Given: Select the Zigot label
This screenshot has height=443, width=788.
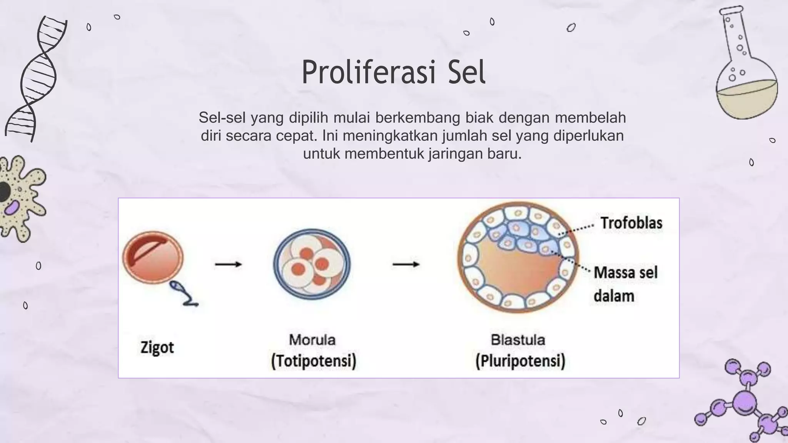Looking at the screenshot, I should pos(157,348).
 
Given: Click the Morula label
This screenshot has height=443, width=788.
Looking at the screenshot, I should pos(312,340).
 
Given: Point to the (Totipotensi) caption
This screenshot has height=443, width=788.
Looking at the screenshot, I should pos(314,361).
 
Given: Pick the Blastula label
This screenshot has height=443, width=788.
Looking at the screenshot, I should pos(518,340).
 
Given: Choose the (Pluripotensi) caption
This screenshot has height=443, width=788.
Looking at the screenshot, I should pos(520,361).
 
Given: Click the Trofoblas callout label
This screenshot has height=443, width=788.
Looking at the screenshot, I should pos(631,223).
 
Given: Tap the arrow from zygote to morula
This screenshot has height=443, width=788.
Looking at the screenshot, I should pos(228,264).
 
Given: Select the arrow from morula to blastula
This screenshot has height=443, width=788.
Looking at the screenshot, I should pos(406,264).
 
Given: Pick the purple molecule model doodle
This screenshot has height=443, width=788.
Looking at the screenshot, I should pos(745,402).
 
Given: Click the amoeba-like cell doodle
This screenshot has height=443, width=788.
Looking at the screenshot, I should pos(21,198).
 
